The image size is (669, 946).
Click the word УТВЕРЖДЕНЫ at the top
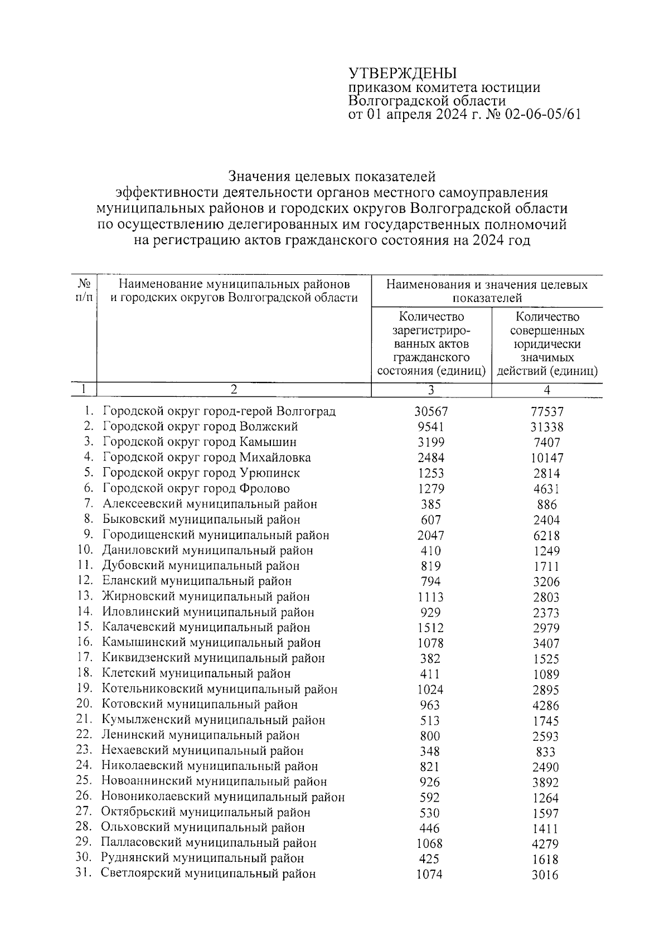402,74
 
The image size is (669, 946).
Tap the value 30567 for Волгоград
431,411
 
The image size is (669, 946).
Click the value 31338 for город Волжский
547,427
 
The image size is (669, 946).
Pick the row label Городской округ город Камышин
200,442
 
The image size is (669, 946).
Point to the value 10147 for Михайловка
547,458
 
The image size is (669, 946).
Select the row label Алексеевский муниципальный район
210,504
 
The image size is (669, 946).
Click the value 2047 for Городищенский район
430,536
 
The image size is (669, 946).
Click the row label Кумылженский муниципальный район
213,720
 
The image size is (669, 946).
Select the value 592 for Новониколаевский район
429,798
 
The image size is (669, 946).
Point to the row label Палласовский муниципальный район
209,843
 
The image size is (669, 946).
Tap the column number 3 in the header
431,390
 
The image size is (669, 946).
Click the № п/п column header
84,290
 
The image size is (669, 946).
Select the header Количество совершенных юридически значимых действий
547,344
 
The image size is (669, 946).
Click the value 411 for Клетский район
429,674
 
